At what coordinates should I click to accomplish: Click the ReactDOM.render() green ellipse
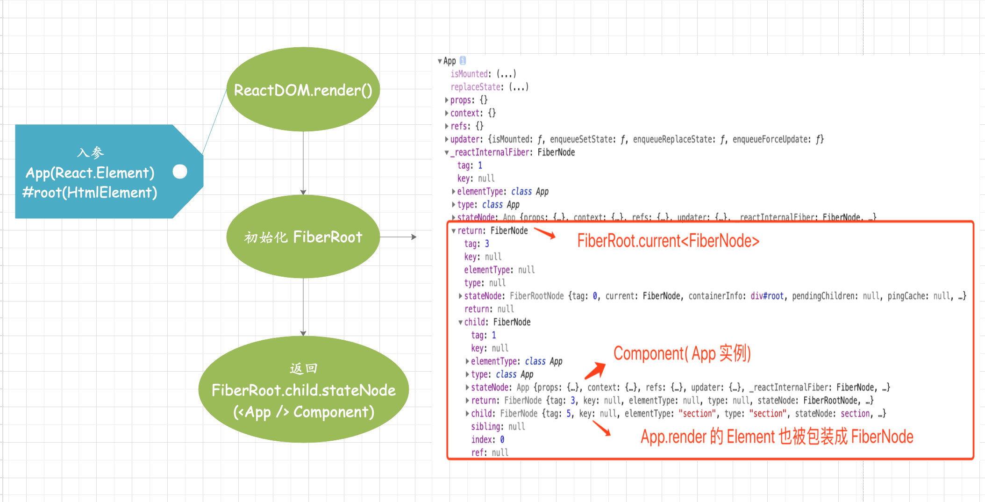(303, 89)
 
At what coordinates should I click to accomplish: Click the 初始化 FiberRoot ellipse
(303, 237)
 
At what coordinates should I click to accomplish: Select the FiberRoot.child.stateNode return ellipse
(303, 390)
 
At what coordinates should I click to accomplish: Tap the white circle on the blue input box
(180, 172)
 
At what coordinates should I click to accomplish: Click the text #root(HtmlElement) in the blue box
(90, 192)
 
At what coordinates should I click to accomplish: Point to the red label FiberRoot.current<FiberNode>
(668, 241)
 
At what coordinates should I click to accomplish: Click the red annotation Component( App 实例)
(682, 353)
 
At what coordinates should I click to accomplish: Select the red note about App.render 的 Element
(777, 437)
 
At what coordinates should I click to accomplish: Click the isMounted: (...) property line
(483, 74)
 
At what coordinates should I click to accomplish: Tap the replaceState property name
(476, 87)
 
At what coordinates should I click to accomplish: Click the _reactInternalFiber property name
(491, 152)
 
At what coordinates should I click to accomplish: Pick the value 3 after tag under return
(487, 244)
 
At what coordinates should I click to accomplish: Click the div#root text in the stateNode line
(767, 296)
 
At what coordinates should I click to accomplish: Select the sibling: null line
(498, 426)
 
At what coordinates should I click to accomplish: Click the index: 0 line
(487, 439)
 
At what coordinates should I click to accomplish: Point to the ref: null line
(489, 452)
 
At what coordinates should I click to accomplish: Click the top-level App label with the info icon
(450, 61)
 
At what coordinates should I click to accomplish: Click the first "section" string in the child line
(697, 414)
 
